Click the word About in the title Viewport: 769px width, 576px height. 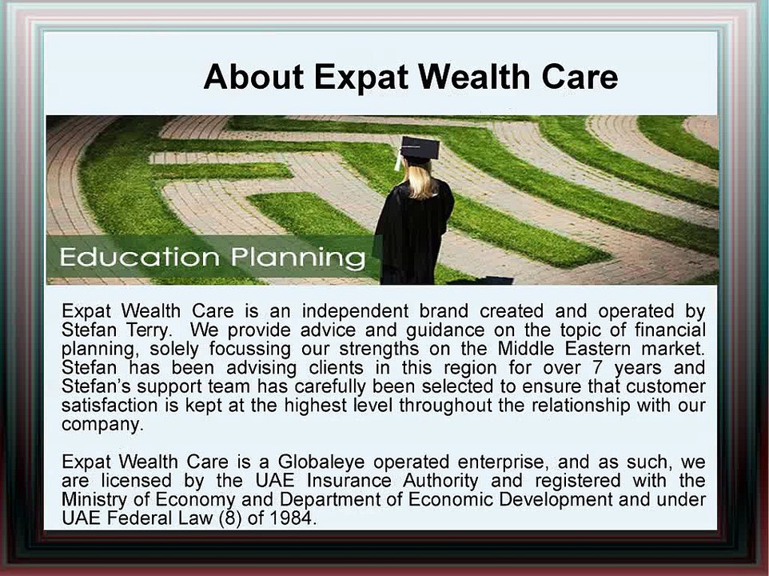pos(253,78)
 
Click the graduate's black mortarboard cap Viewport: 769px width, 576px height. pos(419,148)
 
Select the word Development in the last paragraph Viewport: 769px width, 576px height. pos(551,500)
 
